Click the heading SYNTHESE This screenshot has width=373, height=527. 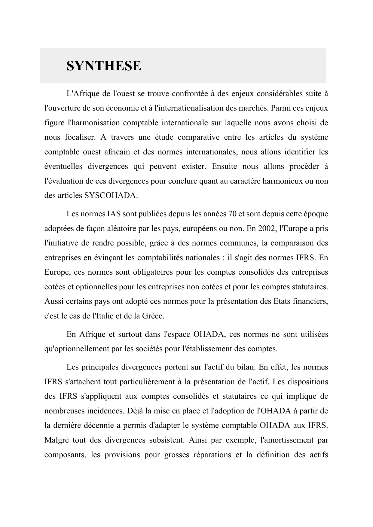pyautogui.click(x=104, y=66)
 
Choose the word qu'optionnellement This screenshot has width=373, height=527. pyautogui.click(x=76, y=349)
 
